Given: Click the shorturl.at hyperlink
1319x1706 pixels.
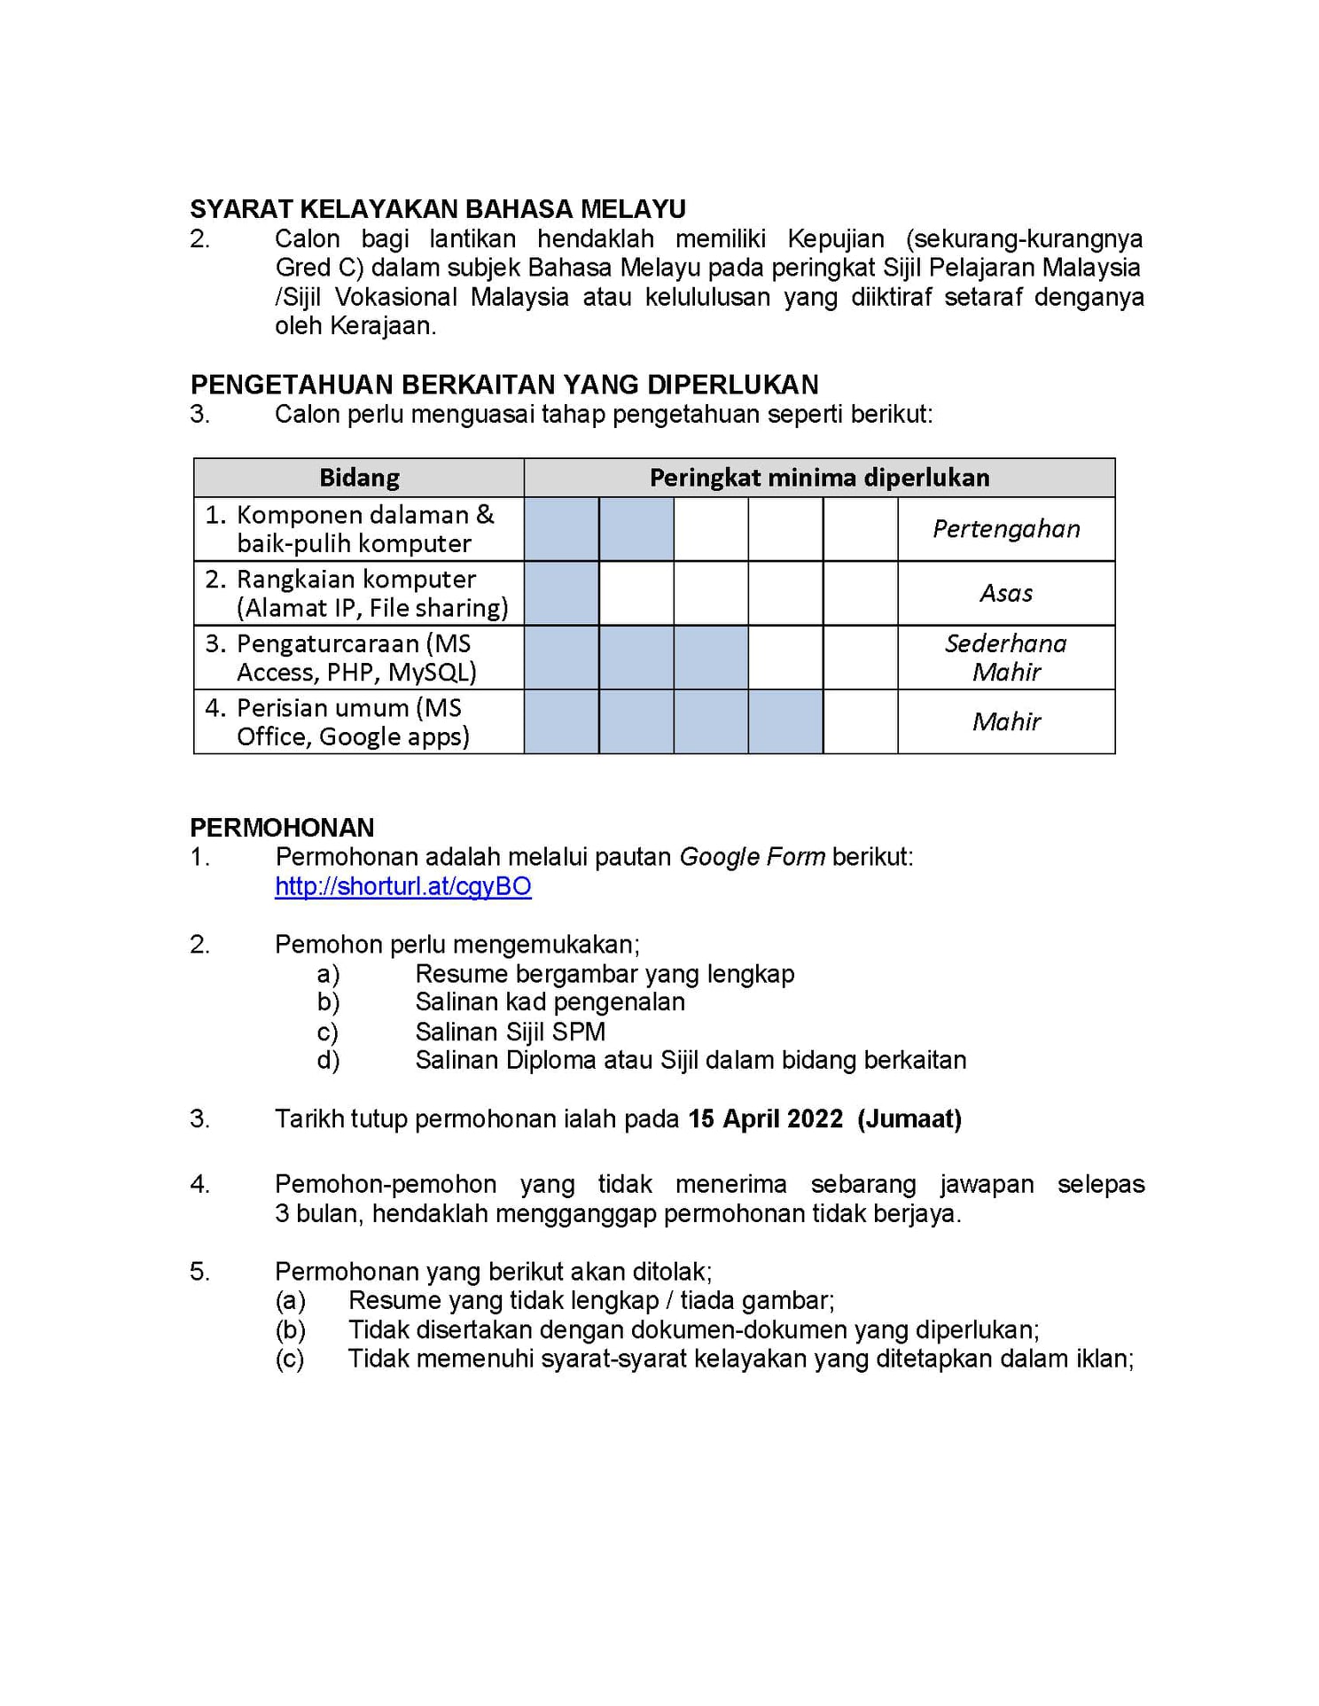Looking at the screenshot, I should click(402, 886).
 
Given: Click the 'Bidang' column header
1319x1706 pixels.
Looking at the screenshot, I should click(359, 478).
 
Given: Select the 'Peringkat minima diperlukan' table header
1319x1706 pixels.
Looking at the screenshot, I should click(819, 478).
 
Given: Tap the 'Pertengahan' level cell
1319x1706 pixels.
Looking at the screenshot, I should click(1006, 529).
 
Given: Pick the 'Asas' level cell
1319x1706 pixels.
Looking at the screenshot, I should click(1006, 593).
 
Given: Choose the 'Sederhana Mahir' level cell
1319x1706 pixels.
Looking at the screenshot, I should click(1006, 658).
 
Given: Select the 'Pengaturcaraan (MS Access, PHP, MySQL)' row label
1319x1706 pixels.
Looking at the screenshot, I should click(355, 658).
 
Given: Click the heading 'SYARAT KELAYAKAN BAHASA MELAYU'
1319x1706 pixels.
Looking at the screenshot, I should click(438, 209).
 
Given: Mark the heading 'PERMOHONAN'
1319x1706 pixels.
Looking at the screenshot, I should click(282, 828).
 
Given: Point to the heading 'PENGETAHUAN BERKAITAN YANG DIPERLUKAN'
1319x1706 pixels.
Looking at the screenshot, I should click(504, 385).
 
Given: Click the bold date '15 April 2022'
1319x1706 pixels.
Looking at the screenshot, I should click(765, 1118).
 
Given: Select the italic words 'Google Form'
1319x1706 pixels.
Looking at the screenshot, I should click(752, 857).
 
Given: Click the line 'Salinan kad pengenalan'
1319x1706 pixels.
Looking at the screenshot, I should click(550, 1002).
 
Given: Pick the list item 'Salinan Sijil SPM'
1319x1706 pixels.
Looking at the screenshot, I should click(510, 1032).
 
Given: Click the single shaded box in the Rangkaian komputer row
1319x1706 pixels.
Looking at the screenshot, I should click(561, 593).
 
